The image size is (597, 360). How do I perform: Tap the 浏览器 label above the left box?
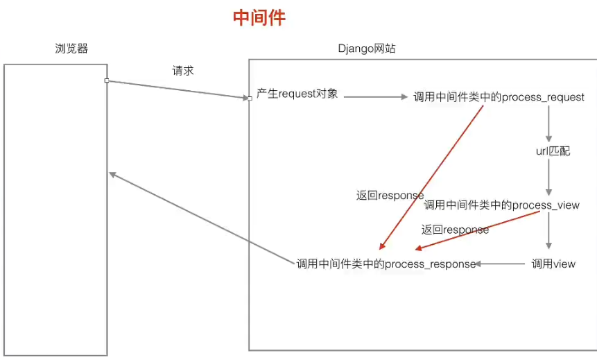pyautogui.click(x=71, y=49)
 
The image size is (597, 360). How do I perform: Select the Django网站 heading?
pyautogui.click(x=367, y=49)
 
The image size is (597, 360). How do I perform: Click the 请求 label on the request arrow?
pyautogui.click(x=183, y=71)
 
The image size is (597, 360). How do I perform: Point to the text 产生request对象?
pyautogui.click(x=297, y=94)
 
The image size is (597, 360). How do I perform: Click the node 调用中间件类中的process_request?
pyautogui.click(x=499, y=97)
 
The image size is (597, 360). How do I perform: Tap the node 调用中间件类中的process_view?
pyautogui.click(x=501, y=205)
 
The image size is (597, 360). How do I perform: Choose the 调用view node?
pyautogui.click(x=553, y=264)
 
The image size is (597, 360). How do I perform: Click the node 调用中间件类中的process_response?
pyautogui.click(x=386, y=264)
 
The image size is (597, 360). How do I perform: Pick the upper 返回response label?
pyautogui.click(x=390, y=196)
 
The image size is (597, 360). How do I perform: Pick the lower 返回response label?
pyautogui.click(x=455, y=229)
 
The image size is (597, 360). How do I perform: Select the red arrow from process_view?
pyautogui.click(x=478, y=230)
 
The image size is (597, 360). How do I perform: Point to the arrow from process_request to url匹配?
pyautogui.click(x=548, y=125)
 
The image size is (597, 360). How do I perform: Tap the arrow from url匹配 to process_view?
pyautogui.click(x=548, y=177)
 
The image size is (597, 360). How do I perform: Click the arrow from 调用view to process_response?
pyautogui.click(x=501, y=264)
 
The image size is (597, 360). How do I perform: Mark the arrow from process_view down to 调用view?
pyautogui.click(x=548, y=230)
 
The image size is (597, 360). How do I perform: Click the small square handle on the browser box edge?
pyautogui.click(x=106, y=80)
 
